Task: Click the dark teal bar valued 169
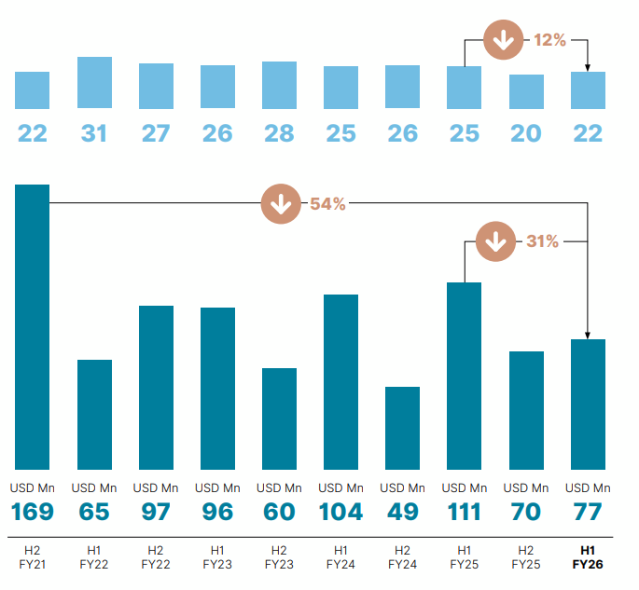click(33, 326)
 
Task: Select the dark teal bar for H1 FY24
click(340, 381)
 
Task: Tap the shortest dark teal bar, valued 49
click(402, 428)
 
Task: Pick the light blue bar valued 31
click(94, 83)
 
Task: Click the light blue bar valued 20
click(526, 91)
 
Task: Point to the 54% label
click(327, 204)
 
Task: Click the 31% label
click(542, 241)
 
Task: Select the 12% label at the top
click(549, 40)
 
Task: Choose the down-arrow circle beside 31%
click(495, 241)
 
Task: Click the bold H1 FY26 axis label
click(588, 557)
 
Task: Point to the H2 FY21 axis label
click(33, 557)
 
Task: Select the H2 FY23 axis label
click(279, 557)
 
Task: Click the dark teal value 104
click(340, 512)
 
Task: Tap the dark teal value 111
click(464, 512)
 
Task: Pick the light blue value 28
click(279, 133)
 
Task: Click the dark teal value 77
click(588, 512)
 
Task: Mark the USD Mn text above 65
click(94, 487)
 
